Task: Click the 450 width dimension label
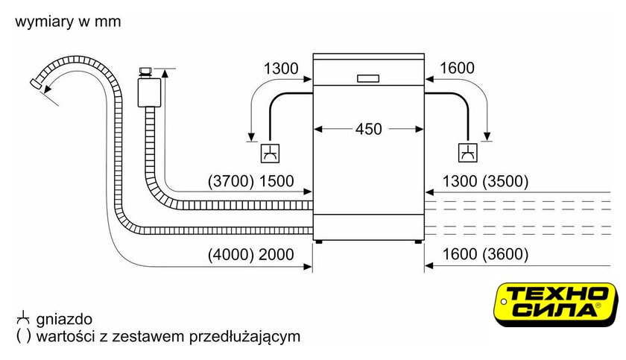pyautogui.click(x=368, y=129)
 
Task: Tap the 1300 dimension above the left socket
pyautogui.click(x=281, y=69)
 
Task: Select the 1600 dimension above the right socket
pyautogui.click(x=457, y=68)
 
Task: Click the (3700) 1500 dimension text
pyautogui.click(x=250, y=181)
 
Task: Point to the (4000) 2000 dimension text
pyautogui.click(x=250, y=254)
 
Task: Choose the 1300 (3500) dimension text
pyautogui.click(x=485, y=181)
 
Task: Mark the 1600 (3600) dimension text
pyautogui.click(x=485, y=254)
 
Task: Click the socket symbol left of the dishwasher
pyautogui.click(x=270, y=154)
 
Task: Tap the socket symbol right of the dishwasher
pyautogui.click(x=467, y=153)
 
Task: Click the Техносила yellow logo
pyautogui.click(x=556, y=304)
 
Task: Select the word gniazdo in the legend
pyautogui.click(x=64, y=319)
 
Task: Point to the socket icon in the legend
pyautogui.click(x=23, y=318)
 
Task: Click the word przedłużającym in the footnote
pyautogui.click(x=244, y=336)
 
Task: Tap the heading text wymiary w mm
pyautogui.click(x=68, y=22)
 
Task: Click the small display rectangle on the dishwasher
pyautogui.click(x=368, y=78)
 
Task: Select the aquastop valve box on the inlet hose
pyautogui.click(x=149, y=92)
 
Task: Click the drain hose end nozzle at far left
pyautogui.click(x=37, y=83)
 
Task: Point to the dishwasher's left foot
pyautogui.click(x=319, y=241)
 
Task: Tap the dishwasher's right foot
pyautogui.click(x=417, y=241)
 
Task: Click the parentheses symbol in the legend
pyautogui.click(x=23, y=336)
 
